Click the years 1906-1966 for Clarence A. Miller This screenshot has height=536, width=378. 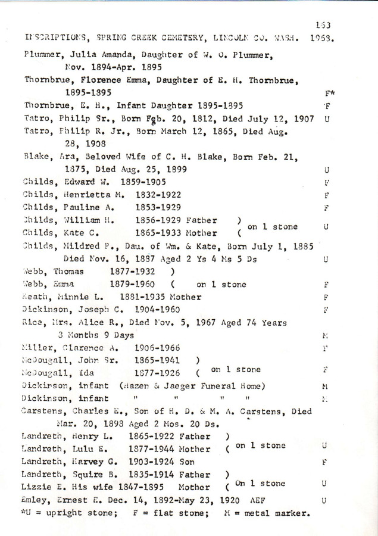(x=149, y=347)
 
